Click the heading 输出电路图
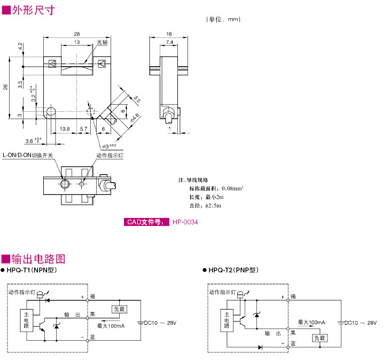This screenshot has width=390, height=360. pyautogui.click(x=37, y=259)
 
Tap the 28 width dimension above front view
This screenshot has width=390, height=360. pyautogui.click(x=77, y=34)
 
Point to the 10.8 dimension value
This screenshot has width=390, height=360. pyautogui.click(x=65, y=129)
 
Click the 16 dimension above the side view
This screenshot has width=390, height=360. pyautogui.click(x=169, y=34)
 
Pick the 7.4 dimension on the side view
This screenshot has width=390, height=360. pyautogui.click(x=169, y=42)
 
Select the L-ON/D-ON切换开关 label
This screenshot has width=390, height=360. pyautogui.click(x=28, y=155)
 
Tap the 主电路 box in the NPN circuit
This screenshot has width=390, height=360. pyautogui.click(x=25, y=319)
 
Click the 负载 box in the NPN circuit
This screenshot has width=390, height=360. pyautogui.click(x=119, y=309)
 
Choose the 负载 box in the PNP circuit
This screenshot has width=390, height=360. pyautogui.click(x=319, y=338)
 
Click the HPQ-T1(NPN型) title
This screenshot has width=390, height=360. pyautogui.click(x=35, y=271)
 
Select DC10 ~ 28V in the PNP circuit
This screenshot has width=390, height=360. pyautogui.click(x=361, y=323)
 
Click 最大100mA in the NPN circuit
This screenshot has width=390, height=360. pyautogui.click(x=111, y=325)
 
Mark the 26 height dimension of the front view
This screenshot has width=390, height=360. pyautogui.click(x=6, y=87)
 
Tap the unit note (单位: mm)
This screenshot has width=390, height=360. pyautogui.click(x=223, y=19)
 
